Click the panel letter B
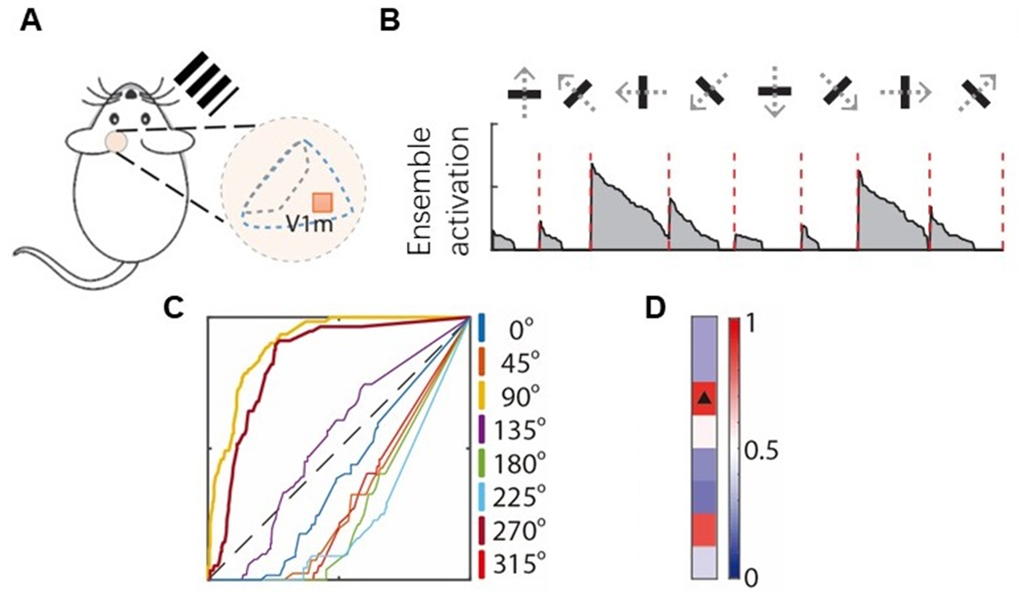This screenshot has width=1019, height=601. pos(390,22)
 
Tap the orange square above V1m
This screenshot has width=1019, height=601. pos(321,202)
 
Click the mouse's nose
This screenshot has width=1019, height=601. pos(130,94)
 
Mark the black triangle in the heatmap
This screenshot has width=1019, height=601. pos(704,399)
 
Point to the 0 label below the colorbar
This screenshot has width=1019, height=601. pos(750,579)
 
